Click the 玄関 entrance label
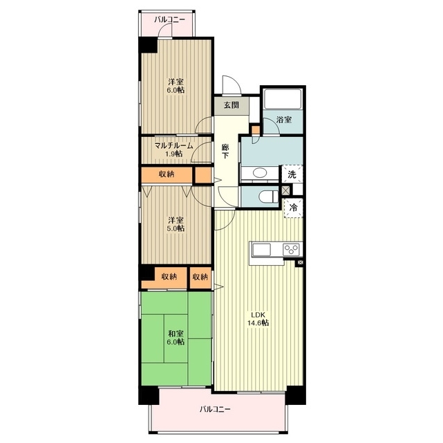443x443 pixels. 232,105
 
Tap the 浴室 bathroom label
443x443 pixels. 284,120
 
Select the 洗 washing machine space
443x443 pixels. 292,174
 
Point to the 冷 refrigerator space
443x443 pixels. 294,208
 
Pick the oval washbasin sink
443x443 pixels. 262,173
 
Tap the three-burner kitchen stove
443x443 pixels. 292,249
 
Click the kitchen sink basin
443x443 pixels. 262,250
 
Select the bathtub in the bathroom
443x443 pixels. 283,99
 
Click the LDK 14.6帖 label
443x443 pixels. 258,319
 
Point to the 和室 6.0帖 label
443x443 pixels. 176,338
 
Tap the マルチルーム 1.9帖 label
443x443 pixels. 173,150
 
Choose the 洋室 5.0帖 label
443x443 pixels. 176,224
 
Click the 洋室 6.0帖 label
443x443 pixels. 176,86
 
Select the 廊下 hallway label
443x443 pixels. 225,151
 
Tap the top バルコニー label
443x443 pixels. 170,19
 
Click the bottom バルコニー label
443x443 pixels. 215,409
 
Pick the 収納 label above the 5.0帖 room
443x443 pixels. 167,174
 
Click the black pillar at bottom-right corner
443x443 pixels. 296,395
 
